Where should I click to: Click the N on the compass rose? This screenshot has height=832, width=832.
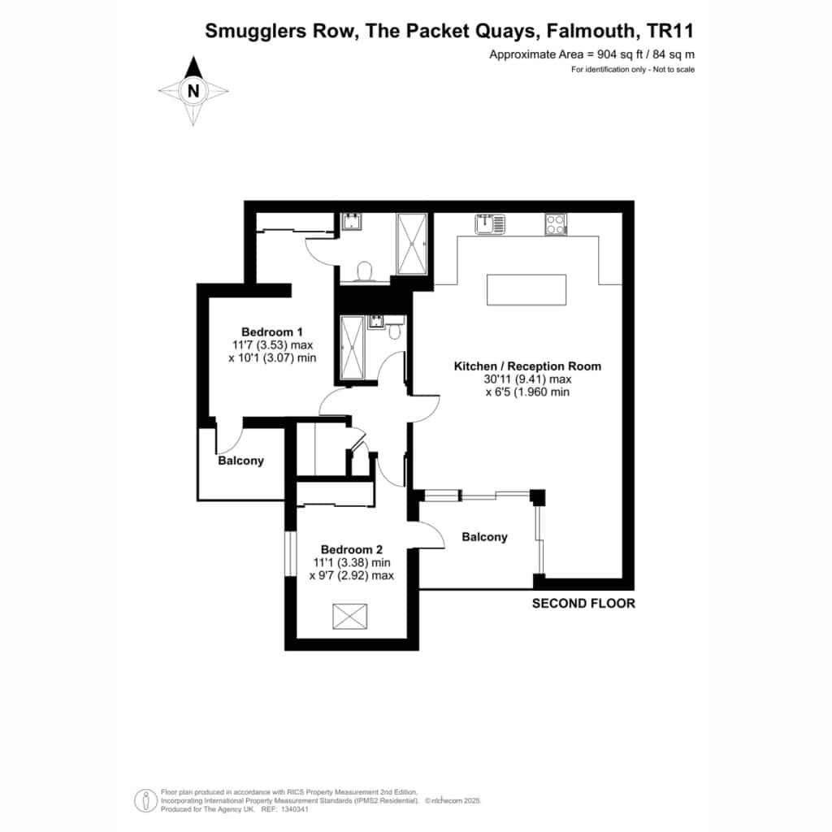pos(193,91)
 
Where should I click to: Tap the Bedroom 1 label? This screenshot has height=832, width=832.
pos(272,332)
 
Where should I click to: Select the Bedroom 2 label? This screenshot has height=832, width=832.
pos(352,550)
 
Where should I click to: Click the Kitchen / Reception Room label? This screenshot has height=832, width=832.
pos(527,366)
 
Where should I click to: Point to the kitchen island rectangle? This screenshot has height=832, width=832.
pos(526,290)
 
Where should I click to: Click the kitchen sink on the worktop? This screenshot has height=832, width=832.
pos(491,223)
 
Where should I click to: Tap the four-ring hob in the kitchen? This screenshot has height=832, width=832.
pos(556,224)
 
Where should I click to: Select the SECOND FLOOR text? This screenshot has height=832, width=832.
pos(583,604)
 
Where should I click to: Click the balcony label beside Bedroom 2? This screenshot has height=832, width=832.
pos(484,537)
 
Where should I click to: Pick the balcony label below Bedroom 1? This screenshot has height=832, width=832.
pos(240,461)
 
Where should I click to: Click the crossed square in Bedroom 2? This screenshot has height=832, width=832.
pos(349,616)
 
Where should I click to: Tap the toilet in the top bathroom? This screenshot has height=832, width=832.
pos(365,271)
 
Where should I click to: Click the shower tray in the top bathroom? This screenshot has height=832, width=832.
pos(412,244)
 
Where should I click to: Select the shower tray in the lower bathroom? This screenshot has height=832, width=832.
pos(353,348)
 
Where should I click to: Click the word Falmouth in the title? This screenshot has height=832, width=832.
pos(591,31)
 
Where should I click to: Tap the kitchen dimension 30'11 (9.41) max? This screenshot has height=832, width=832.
pos(527,379)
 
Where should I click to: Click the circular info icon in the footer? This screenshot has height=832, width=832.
pos(145,800)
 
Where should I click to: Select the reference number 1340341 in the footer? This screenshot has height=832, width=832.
pos(293,809)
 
